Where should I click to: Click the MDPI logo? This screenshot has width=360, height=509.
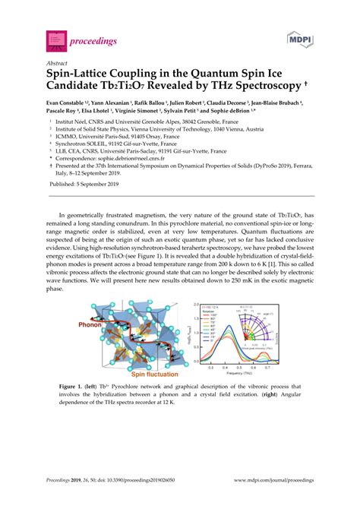pos(300,37)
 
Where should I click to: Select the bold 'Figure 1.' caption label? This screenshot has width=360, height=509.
pos(73,387)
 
